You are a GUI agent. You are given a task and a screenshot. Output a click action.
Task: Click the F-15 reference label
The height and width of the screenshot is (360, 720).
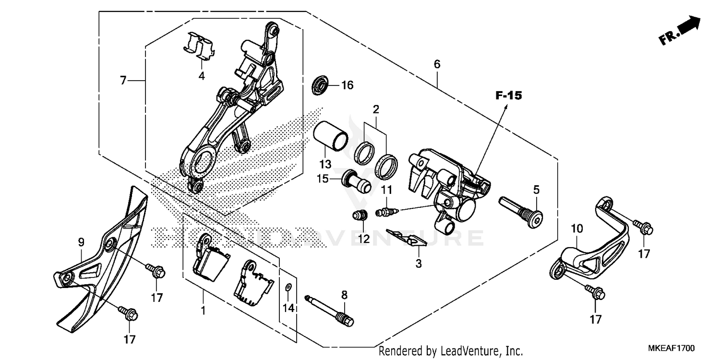[508, 96]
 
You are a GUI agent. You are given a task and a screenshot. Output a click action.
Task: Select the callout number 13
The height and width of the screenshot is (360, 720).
[325, 164]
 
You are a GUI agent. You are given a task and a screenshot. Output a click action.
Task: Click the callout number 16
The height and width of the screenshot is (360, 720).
[347, 85]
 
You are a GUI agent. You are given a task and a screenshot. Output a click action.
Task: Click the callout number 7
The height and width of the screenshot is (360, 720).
[123, 81]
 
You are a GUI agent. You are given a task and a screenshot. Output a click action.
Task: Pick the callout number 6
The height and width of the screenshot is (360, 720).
[436, 64]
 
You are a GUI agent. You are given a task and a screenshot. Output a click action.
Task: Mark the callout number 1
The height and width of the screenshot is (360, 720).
[203, 311]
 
